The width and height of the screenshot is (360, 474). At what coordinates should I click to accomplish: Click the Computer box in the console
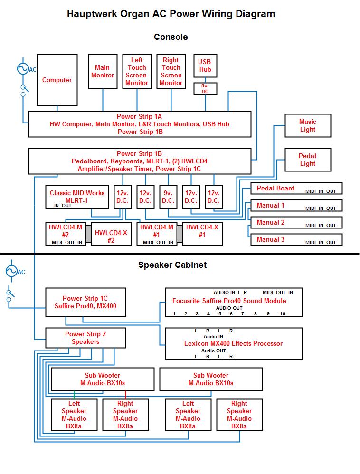coord(57,80)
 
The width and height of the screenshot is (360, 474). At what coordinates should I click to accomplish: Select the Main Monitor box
coord(103,72)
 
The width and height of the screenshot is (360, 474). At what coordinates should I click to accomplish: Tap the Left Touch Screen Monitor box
coord(137,71)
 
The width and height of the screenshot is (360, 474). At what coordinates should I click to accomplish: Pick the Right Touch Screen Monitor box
coord(171,71)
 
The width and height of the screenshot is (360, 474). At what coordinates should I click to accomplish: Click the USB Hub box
coord(205,66)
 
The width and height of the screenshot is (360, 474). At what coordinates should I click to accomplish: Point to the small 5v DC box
coord(205,88)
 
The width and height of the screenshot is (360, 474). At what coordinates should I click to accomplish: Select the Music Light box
coord(307,125)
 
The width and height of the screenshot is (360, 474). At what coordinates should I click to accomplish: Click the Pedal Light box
coord(307,160)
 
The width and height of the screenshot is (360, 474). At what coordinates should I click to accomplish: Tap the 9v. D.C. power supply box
coord(168,197)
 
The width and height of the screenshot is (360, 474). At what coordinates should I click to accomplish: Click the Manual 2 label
coord(271,222)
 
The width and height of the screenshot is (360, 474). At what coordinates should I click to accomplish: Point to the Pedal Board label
coord(275,188)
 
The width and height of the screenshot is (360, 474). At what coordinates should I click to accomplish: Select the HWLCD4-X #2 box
coord(111,234)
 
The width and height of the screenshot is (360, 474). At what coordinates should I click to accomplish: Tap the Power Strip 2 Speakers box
coord(85,338)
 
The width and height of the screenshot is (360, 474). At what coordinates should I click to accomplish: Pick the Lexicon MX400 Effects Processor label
coord(233,343)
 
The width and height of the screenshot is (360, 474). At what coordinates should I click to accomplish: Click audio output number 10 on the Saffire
coord(282,313)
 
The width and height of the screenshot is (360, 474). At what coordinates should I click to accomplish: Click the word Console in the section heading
coord(171,37)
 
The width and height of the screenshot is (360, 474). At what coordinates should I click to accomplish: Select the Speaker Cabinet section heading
coord(172,265)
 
